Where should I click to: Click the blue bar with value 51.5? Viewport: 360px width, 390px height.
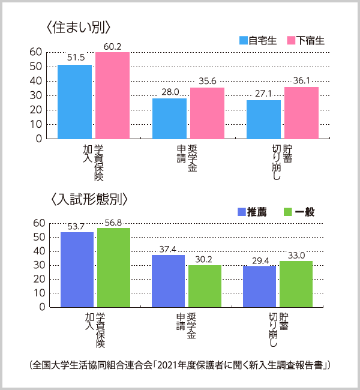(x=74, y=101)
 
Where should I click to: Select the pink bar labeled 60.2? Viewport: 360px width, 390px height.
(x=112, y=95)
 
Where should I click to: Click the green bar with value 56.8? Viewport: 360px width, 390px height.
(x=113, y=267)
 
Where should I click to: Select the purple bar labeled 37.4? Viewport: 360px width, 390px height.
(x=168, y=281)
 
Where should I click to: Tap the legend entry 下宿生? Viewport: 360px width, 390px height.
(x=306, y=41)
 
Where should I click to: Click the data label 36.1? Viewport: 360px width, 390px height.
(x=301, y=80)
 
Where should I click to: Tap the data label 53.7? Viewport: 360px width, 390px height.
(x=77, y=225)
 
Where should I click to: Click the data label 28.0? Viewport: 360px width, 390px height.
(x=170, y=92)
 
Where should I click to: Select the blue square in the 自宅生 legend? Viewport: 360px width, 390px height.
(x=244, y=41)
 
